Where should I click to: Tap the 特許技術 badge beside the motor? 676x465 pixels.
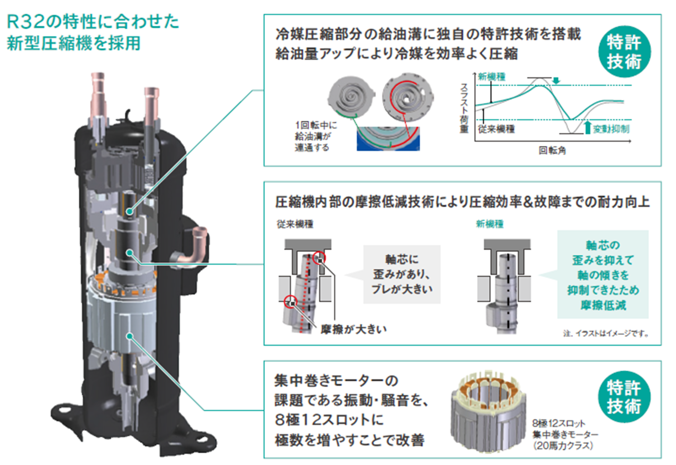pyautogui.click(x=624, y=397)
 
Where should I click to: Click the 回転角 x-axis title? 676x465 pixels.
pyautogui.click(x=552, y=151)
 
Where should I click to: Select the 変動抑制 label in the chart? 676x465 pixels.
pyautogui.click(x=611, y=129)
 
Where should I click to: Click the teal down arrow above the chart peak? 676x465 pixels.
pyautogui.click(x=556, y=80)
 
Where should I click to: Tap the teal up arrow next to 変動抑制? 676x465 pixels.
pyautogui.click(x=588, y=128)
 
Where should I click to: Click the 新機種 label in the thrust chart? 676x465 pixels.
pyautogui.click(x=492, y=77)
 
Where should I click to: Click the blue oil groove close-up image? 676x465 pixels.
pyautogui.click(x=388, y=139)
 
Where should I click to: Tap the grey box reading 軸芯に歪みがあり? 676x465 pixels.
pyautogui.click(x=402, y=274)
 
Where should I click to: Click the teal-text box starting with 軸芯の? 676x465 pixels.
pyautogui.click(x=603, y=275)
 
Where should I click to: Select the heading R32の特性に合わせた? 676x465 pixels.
pyautogui.click(x=93, y=22)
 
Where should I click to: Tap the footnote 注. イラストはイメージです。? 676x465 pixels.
pyautogui.click(x=606, y=334)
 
